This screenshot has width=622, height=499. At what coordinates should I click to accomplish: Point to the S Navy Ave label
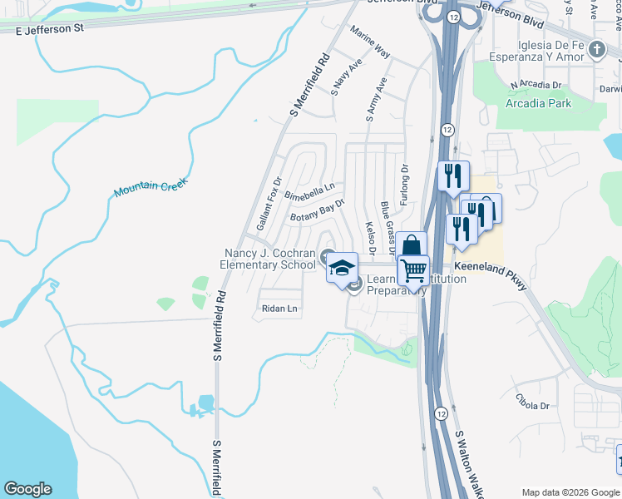pyautogui.click(x=346, y=77)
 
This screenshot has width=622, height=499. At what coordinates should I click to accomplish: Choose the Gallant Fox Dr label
pyautogui.click(x=269, y=204)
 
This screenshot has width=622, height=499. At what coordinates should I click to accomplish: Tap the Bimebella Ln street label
pyautogui.click(x=309, y=192)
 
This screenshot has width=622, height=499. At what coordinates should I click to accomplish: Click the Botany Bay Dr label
pyautogui.click(x=316, y=210)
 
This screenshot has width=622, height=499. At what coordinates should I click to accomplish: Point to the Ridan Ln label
pyautogui.click(x=279, y=309)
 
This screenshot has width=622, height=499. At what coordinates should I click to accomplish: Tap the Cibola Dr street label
pyautogui.click(x=532, y=406)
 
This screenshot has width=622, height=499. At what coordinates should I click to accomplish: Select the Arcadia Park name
pyautogui.click(x=539, y=104)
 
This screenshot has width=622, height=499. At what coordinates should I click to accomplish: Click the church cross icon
pyautogui.click(x=596, y=50)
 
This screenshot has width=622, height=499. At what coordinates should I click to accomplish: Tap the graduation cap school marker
pyautogui.click(x=341, y=268)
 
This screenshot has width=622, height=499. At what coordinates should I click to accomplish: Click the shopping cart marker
pyautogui.click(x=412, y=269)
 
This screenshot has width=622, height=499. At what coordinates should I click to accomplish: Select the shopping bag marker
pyautogui.click(x=411, y=246)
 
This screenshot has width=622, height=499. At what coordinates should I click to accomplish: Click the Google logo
pyautogui.click(x=27, y=489)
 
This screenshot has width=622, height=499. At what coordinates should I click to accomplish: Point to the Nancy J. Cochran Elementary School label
pyautogui.click(x=268, y=259)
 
